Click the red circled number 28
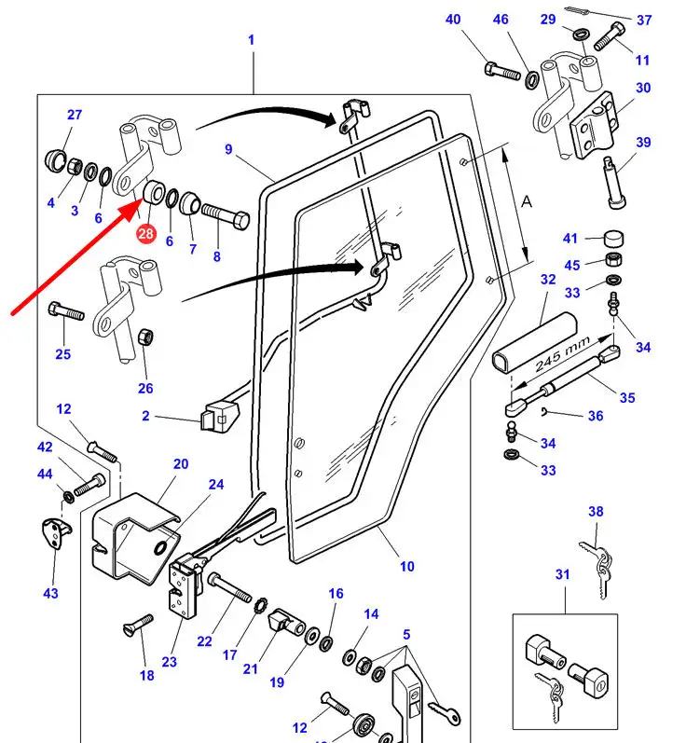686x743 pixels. click(145, 234)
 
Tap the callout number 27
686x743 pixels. click(75, 115)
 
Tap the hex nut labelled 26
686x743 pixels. click(144, 336)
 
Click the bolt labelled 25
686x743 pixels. click(68, 310)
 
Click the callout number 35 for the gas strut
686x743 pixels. click(627, 398)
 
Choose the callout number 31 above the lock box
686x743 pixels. click(562, 575)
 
